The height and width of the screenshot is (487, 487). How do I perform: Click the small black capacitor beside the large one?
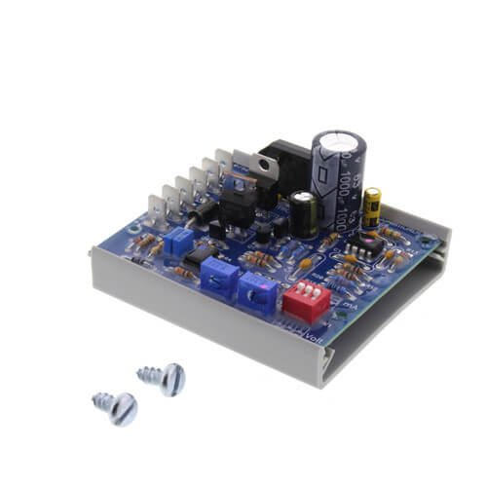(303, 212)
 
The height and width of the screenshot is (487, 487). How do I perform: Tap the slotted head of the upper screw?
(171, 378)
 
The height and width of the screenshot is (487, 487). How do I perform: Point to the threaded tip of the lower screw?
(98, 397)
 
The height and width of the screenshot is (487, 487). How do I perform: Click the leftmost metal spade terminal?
(155, 207)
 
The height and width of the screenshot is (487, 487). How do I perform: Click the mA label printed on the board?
(350, 305)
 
